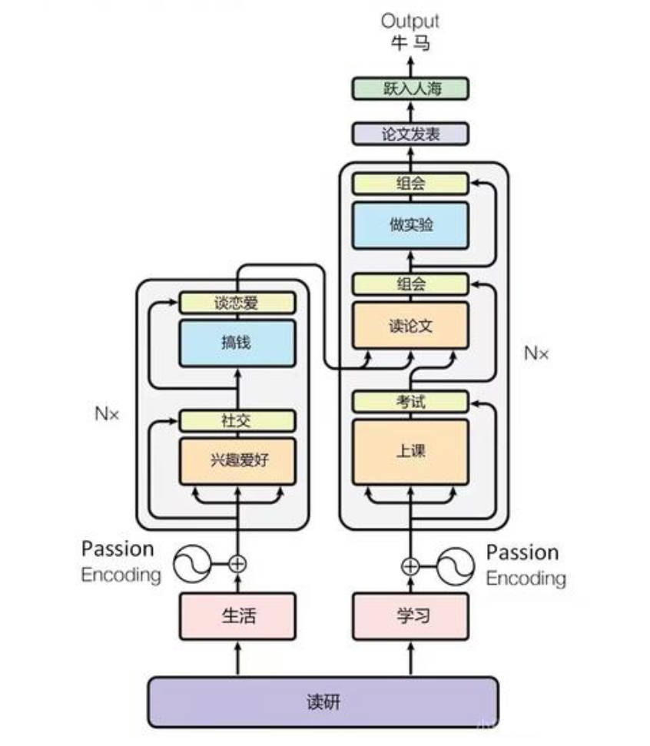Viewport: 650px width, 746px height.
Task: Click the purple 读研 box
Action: click(x=322, y=701)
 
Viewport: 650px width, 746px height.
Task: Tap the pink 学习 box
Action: click(x=410, y=616)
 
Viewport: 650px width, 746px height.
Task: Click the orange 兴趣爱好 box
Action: click(x=237, y=460)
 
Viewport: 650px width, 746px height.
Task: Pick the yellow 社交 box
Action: click(x=237, y=420)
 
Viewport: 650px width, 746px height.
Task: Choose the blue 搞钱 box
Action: click(x=237, y=343)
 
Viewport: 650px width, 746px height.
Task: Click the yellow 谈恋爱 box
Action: click(x=237, y=303)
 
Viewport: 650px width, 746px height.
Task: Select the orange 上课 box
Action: click(x=410, y=451)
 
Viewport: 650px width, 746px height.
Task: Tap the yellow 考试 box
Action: click(x=410, y=401)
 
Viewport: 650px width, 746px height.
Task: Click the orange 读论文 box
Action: click(x=410, y=325)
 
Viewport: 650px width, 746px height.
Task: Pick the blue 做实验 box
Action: click(x=410, y=225)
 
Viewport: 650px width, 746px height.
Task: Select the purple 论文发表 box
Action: click(x=410, y=134)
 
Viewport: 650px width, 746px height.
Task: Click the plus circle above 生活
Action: click(x=237, y=564)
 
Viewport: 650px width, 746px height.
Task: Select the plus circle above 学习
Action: click(x=410, y=566)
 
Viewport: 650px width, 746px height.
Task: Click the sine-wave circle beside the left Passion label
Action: click(x=192, y=564)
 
